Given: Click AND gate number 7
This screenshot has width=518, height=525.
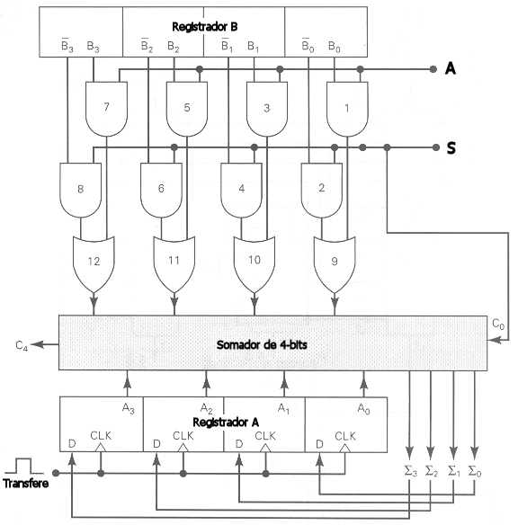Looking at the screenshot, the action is coord(106,109).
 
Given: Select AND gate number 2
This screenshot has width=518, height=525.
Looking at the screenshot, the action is coord(322,190).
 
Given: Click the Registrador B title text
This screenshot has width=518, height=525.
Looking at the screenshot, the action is coord(204,27).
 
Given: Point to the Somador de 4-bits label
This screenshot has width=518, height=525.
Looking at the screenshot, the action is coord(262,344).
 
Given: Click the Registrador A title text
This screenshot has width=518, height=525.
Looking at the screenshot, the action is coord(226,423).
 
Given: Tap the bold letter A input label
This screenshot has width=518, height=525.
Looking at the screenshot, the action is coord(451,68).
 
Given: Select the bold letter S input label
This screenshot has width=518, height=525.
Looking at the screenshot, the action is coord(451,147).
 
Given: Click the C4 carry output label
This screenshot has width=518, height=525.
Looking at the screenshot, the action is coord(22,345).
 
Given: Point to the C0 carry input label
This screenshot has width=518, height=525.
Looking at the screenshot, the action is coord(498,324).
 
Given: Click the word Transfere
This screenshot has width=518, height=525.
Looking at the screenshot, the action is coord(26,483).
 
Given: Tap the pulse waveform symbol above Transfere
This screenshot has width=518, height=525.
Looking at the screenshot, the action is coord(23,466).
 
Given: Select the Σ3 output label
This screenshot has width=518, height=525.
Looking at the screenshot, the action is coord(411,471).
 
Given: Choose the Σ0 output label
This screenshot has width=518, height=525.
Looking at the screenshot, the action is coord(475,471).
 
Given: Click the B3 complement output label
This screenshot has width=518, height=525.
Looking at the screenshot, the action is coord(67,46).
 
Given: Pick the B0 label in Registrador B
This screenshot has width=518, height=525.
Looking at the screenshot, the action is coord(335,47).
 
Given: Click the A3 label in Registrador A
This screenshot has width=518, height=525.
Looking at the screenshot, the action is coord(129,408).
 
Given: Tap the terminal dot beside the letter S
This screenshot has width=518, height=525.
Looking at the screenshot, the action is coord(435,147).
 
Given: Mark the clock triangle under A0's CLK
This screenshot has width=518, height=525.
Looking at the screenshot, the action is coord(345,448).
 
